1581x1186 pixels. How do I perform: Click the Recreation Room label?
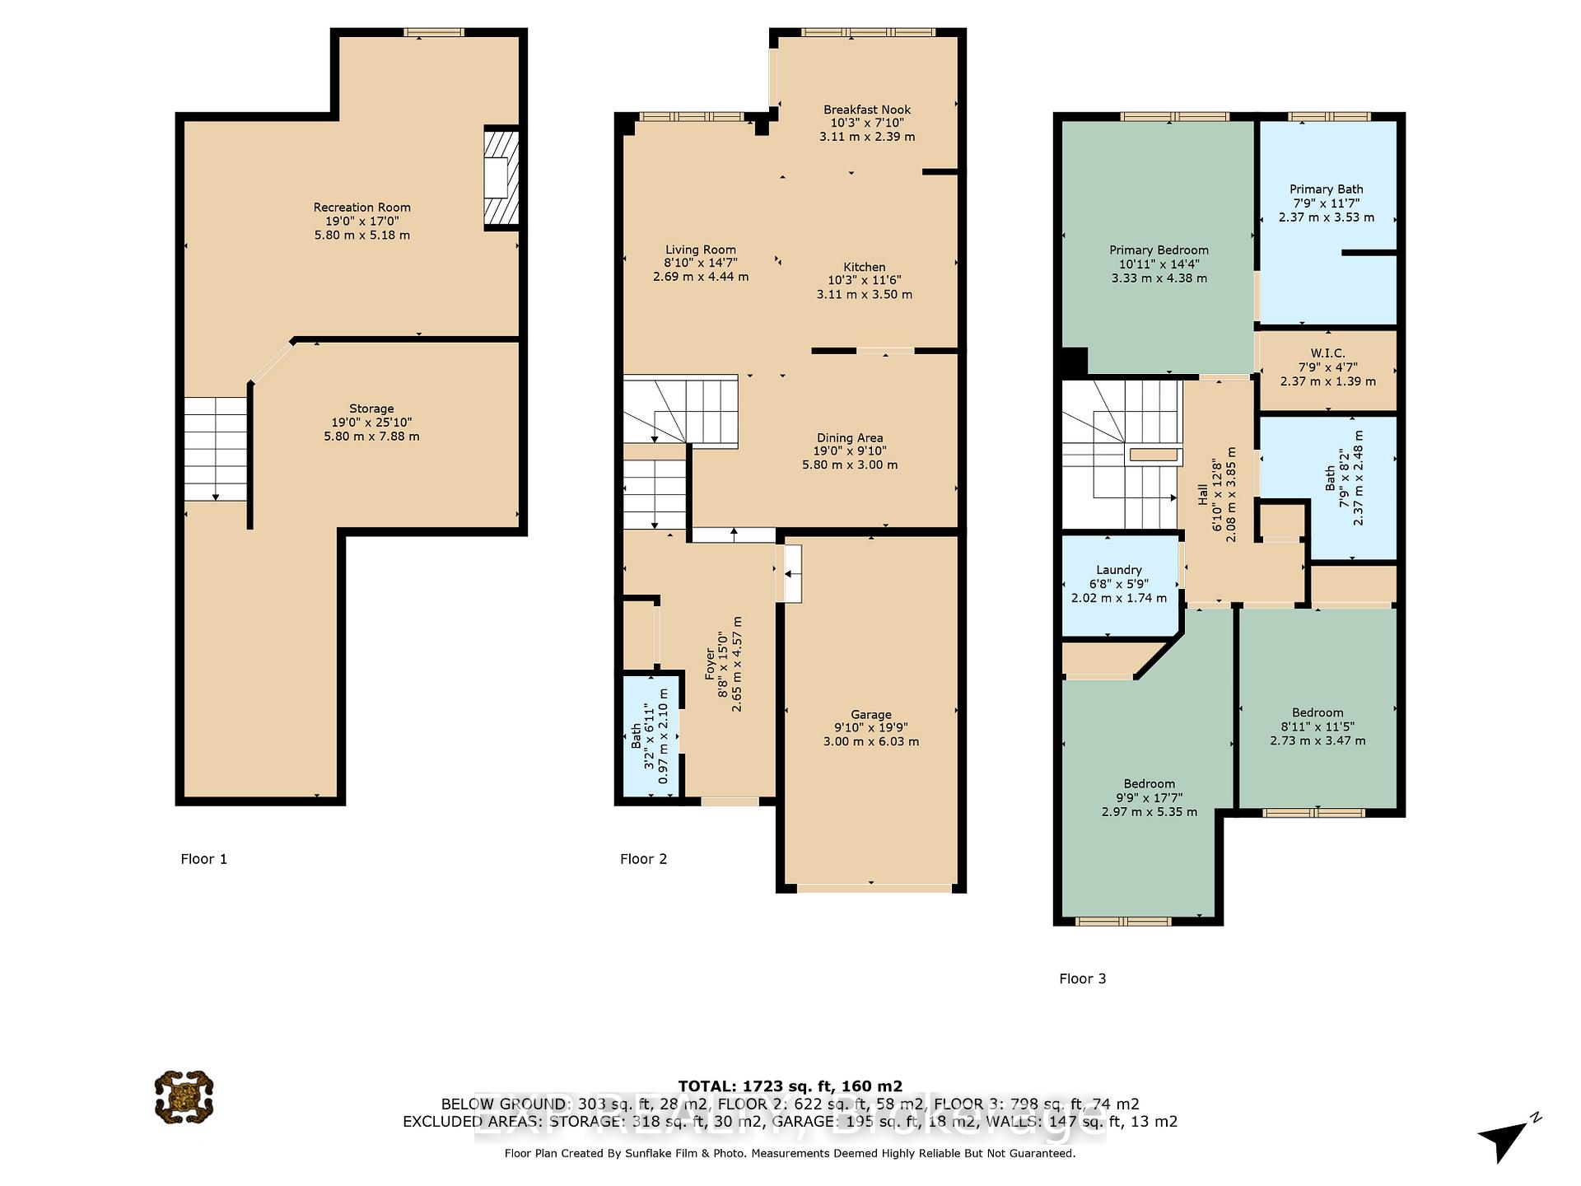click(361, 208)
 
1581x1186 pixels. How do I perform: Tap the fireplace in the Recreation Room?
click(501, 178)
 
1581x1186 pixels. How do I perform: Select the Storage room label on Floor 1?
click(371, 409)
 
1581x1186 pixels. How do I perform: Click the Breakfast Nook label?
click(867, 110)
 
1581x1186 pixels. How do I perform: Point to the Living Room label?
click(701, 250)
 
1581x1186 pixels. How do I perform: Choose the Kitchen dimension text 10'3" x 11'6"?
click(865, 281)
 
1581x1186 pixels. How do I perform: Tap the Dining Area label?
click(850, 438)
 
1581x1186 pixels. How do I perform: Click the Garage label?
click(871, 715)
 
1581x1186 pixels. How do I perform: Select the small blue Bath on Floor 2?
click(651, 735)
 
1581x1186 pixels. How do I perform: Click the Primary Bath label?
click(1327, 189)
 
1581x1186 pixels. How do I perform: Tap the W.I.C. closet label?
click(1327, 353)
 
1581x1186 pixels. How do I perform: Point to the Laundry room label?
click(1119, 570)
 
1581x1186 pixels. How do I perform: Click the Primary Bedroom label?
click(1159, 250)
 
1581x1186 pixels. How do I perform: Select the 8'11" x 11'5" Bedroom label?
click(1317, 713)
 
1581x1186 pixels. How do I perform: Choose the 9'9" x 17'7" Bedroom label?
click(1150, 784)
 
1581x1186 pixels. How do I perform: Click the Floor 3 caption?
click(1082, 978)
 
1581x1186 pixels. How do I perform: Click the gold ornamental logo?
click(184, 1097)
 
